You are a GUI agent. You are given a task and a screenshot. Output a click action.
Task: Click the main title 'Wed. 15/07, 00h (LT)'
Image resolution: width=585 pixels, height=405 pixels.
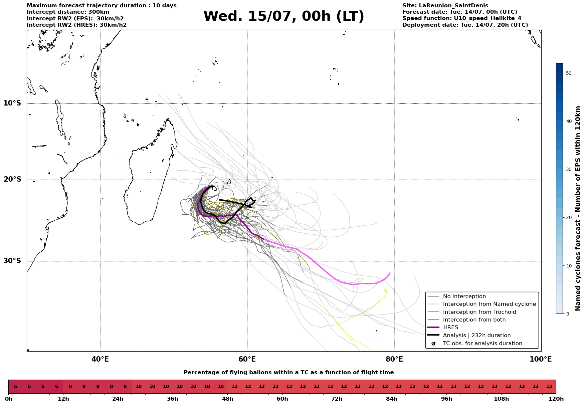click(284, 16)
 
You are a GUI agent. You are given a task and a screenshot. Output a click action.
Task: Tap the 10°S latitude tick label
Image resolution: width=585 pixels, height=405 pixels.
click(12, 103)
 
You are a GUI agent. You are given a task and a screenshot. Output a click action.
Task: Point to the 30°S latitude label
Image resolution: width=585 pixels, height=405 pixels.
click(12, 261)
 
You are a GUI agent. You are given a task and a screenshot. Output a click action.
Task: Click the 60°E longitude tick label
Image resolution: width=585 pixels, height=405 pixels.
click(247, 359)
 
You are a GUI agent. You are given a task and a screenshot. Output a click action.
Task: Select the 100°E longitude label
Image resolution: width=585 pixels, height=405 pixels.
click(541, 359)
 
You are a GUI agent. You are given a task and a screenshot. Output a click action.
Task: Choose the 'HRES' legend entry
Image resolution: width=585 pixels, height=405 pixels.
click(450, 328)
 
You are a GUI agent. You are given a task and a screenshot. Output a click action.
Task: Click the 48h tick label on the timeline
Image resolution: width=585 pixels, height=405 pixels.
click(227, 399)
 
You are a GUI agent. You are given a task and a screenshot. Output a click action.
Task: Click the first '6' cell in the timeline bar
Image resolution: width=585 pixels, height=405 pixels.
click(15, 387)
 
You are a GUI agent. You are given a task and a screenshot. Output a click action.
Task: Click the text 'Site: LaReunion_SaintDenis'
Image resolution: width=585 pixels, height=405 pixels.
click(445, 6)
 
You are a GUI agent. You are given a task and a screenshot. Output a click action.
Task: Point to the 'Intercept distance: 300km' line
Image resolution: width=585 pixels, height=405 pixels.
click(68, 12)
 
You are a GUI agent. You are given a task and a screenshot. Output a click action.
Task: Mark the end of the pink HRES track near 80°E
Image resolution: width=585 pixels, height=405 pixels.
click(390, 273)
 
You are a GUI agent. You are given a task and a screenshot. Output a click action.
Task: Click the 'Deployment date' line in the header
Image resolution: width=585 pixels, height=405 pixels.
click(465, 25)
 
